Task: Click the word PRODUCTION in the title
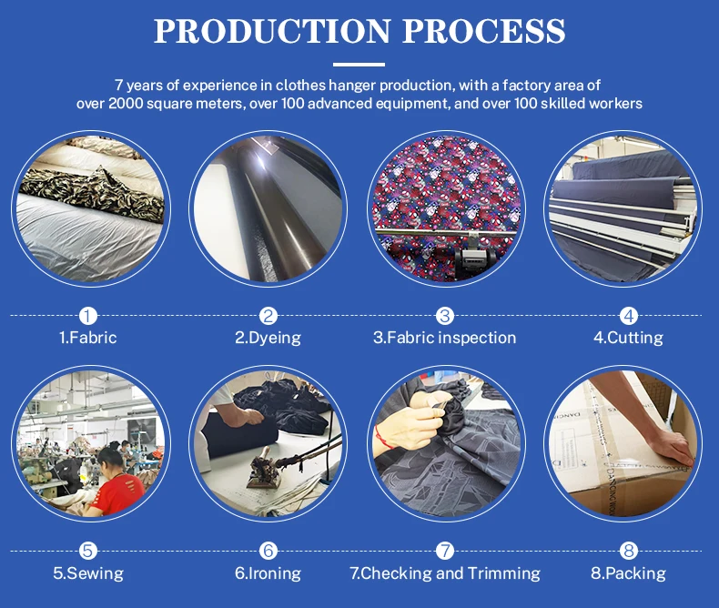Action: click(x=271, y=31)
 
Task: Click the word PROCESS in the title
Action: click(x=485, y=31)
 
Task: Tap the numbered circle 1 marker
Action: click(x=88, y=316)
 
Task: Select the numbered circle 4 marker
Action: click(x=629, y=316)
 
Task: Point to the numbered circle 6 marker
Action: click(x=268, y=551)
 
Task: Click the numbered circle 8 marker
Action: click(x=629, y=551)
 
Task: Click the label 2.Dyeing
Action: click(x=268, y=338)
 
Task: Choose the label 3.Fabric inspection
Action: click(x=444, y=338)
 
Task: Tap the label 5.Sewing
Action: click(x=88, y=573)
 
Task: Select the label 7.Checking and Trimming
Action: click(x=445, y=573)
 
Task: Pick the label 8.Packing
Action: click(x=628, y=573)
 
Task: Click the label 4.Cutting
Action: click(x=628, y=338)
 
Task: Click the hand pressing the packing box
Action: click(x=668, y=446)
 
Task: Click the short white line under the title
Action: click(x=359, y=65)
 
